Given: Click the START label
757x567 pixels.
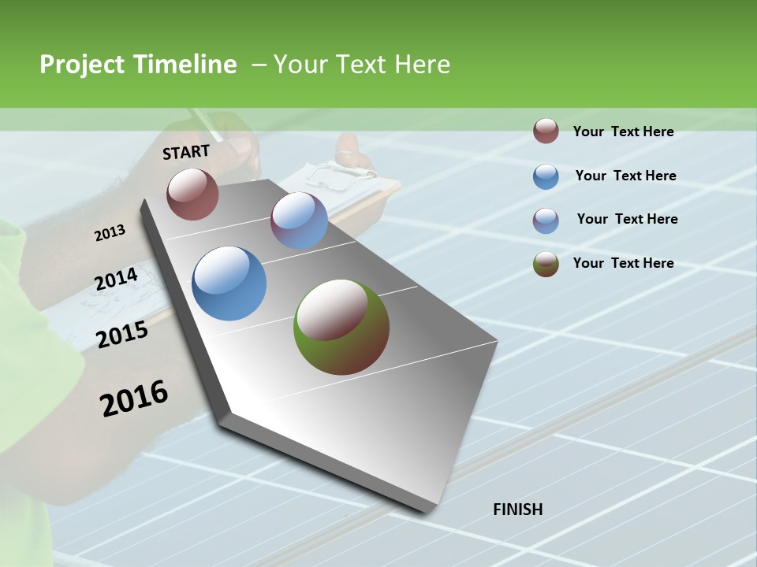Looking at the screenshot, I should (186, 152).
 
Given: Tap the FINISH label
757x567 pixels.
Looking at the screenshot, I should (518, 510).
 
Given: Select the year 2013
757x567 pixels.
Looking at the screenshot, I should (110, 233).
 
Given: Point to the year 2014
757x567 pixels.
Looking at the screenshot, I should (117, 280).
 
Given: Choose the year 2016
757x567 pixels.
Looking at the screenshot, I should (134, 398).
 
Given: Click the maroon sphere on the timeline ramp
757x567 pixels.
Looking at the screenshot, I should (192, 194).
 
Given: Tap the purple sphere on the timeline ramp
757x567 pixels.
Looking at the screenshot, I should (299, 220).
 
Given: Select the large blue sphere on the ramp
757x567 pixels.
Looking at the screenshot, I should (229, 283).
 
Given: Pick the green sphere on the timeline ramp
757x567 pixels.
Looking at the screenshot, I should (341, 327).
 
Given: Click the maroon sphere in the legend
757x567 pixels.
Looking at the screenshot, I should (546, 131).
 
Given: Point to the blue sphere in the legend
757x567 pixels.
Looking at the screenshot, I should (546, 176).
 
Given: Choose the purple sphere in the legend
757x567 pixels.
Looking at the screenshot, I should (546, 220).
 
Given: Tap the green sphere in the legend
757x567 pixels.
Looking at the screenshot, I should (546, 264).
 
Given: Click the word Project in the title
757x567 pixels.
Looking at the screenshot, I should (83, 65).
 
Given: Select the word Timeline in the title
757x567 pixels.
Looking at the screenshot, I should (185, 65).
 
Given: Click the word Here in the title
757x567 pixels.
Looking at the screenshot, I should (422, 65).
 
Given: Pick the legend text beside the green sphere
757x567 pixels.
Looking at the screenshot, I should (623, 263).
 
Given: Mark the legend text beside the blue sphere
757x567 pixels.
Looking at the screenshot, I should (625, 176).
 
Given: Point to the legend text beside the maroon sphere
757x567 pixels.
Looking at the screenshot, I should (623, 132).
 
